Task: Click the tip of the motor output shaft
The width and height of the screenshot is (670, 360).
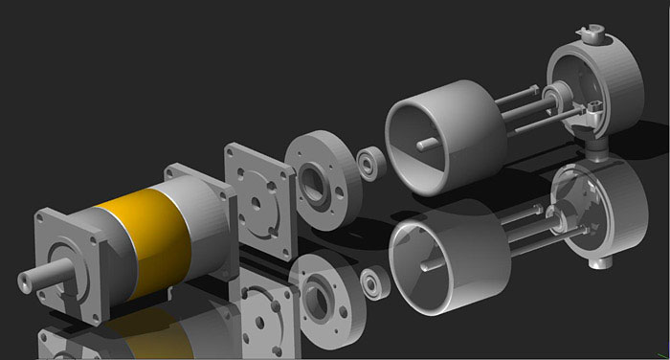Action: coord(23,283)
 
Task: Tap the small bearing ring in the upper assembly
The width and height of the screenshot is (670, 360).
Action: coord(368,162)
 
